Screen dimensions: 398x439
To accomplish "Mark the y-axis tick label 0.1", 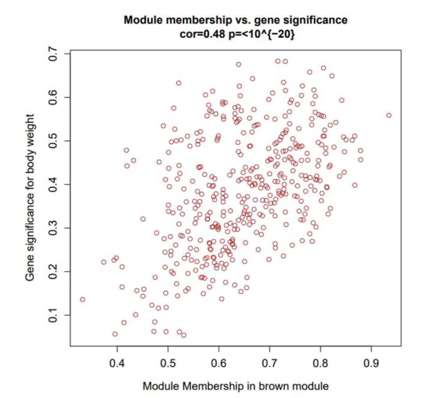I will (53, 315).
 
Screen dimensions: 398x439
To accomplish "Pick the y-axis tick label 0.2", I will (53, 272).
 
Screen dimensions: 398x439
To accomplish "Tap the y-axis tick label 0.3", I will (53, 228).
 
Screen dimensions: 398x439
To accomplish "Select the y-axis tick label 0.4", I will (53, 184).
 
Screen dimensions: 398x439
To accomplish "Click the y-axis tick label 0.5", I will (53, 141).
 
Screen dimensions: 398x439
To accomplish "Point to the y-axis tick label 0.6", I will (53, 97).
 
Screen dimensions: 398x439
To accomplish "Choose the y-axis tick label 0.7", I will (53, 54).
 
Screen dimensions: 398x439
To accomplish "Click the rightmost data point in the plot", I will (388, 115).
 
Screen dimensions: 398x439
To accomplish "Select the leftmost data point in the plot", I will (83, 300).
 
